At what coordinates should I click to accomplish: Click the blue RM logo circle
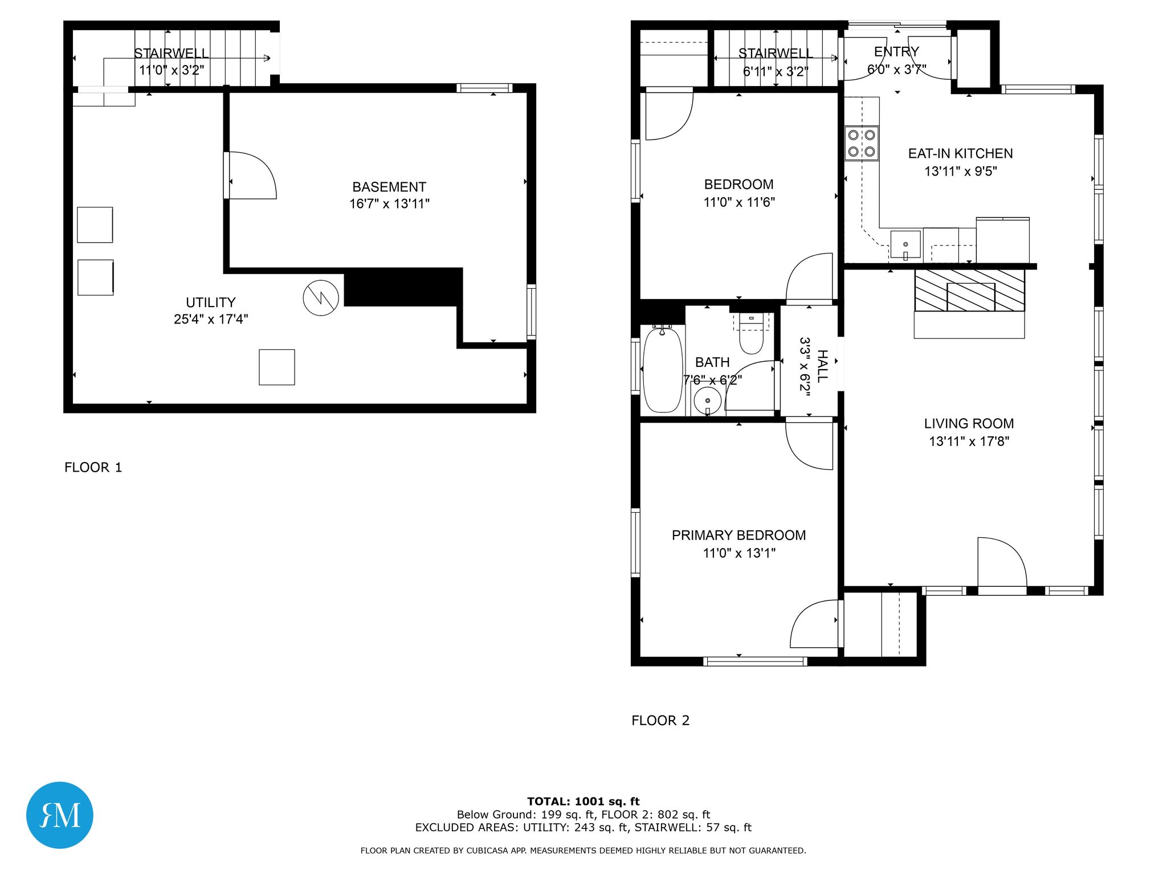[x=60, y=815]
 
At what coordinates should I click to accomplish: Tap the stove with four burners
[x=862, y=143]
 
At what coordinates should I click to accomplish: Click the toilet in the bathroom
[x=751, y=334]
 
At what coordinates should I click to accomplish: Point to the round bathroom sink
[x=708, y=400]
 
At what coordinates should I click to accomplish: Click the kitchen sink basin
[x=905, y=244]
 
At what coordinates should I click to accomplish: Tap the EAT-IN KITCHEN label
[x=961, y=153]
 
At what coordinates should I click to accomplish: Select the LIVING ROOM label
[x=969, y=423]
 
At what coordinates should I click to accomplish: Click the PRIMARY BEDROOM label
[x=738, y=535]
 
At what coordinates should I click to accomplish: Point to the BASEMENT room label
[x=389, y=187]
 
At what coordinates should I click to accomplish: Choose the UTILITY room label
[x=211, y=302]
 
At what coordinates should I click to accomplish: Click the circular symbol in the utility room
[x=321, y=297]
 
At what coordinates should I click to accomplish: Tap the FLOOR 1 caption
[x=93, y=467]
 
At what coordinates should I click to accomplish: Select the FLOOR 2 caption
[x=660, y=720]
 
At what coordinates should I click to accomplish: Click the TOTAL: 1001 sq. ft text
[x=583, y=802]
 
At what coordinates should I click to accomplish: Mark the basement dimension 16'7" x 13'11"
[x=389, y=203]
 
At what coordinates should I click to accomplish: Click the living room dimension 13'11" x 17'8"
[x=969, y=441]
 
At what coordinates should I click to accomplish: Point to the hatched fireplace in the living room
[x=969, y=291]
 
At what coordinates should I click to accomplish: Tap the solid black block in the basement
[x=403, y=287]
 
